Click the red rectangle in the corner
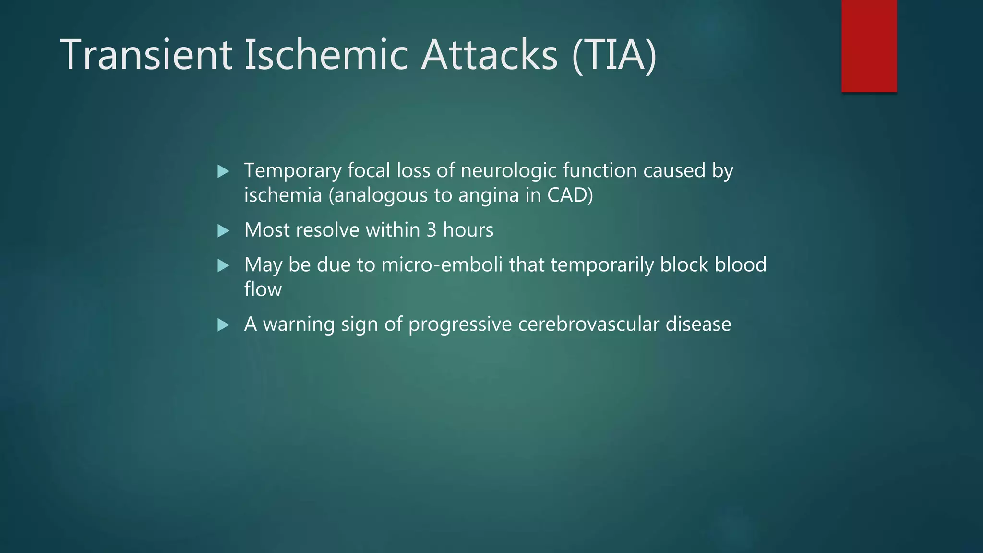869,46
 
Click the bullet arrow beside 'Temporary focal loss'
223,171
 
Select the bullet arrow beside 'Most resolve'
223,231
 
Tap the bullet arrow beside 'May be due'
223,266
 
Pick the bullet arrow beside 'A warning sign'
223,325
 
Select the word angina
489,195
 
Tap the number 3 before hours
432,230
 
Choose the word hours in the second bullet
468,230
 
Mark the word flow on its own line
263,289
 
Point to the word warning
299,325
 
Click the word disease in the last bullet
698,325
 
